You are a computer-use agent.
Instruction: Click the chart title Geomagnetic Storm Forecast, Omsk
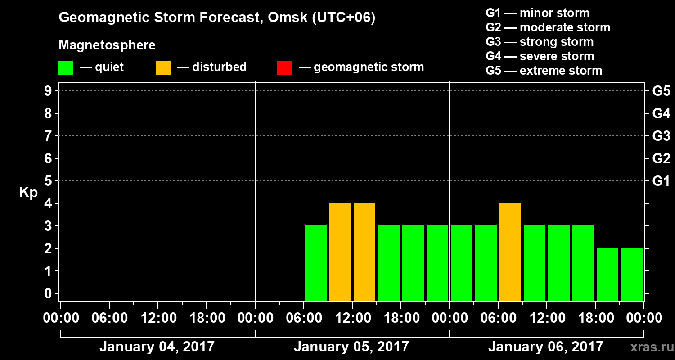[x=217, y=18]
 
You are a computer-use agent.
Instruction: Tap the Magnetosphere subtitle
[x=107, y=45]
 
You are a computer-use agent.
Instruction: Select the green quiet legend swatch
[x=66, y=68]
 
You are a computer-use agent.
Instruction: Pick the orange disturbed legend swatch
[x=163, y=68]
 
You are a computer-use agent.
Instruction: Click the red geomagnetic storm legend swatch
[x=284, y=68]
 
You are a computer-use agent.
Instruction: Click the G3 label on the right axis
[x=661, y=136]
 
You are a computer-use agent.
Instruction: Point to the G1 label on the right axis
[x=661, y=181]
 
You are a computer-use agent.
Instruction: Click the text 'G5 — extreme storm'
[x=544, y=71]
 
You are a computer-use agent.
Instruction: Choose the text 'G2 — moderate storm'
[x=548, y=27]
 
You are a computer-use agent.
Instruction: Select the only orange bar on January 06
[x=510, y=252]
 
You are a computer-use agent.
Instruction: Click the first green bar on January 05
[x=316, y=263]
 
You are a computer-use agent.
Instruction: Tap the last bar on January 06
[x=632, y=274]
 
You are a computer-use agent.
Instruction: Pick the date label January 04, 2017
[x=157, y=347]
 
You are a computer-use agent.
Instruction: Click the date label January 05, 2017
[x=351, y=347]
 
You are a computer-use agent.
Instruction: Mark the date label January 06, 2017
[x=546, y=347]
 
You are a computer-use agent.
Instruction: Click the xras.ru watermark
[x=648, y=347]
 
